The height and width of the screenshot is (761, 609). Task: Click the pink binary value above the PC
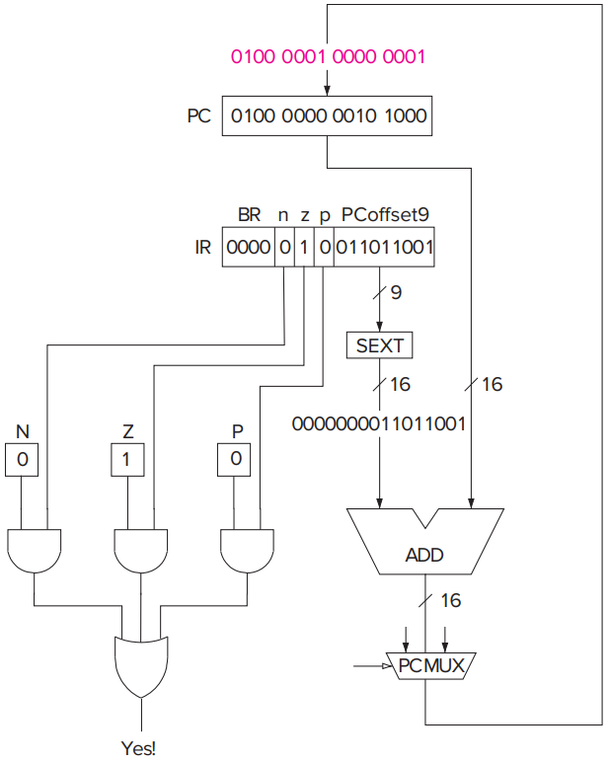tap(328, 57)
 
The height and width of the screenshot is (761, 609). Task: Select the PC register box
tap(327, 116)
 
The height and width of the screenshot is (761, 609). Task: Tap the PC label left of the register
tap(199, 116)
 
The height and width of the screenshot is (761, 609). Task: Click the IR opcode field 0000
tap(249, 247)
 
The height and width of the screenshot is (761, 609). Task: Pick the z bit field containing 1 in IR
tap(304, 247)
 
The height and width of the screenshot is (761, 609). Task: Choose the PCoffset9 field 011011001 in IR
tap(384, 247)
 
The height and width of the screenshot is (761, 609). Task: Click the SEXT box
tap(379, 345)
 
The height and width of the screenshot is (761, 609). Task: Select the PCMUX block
tap(431, 666)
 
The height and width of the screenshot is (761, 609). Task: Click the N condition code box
tap(22, 459)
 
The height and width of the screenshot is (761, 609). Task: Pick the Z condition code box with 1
tap(127, 459)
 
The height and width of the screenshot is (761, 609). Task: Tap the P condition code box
tap(234, 459)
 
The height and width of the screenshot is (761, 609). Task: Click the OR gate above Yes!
tap(141, 667)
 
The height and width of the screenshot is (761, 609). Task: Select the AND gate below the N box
tap(35, 551)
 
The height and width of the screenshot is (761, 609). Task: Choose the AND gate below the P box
tap(247, 551)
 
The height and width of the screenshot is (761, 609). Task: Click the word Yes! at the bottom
tap(139, 748)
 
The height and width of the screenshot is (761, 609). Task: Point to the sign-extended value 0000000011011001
tap(378, 423)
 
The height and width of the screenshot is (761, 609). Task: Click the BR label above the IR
tap(249, 214)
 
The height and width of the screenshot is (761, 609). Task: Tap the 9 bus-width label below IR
tap(396, 292)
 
